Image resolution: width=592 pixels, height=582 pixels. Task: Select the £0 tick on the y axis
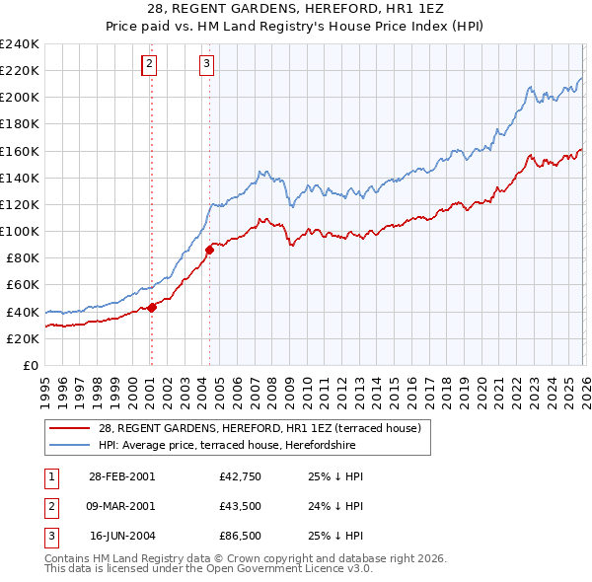(x=30, y=365)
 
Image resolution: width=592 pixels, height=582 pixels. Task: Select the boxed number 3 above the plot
(x=206, y=65)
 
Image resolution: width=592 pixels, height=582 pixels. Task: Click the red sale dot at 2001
(x=152, y=308)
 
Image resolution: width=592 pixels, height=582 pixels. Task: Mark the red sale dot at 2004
(x=209, y=250)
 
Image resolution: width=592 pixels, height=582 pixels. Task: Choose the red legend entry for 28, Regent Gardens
(x=259, y=428)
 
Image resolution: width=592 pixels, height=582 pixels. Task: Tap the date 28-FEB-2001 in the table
(x=121, y=476)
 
